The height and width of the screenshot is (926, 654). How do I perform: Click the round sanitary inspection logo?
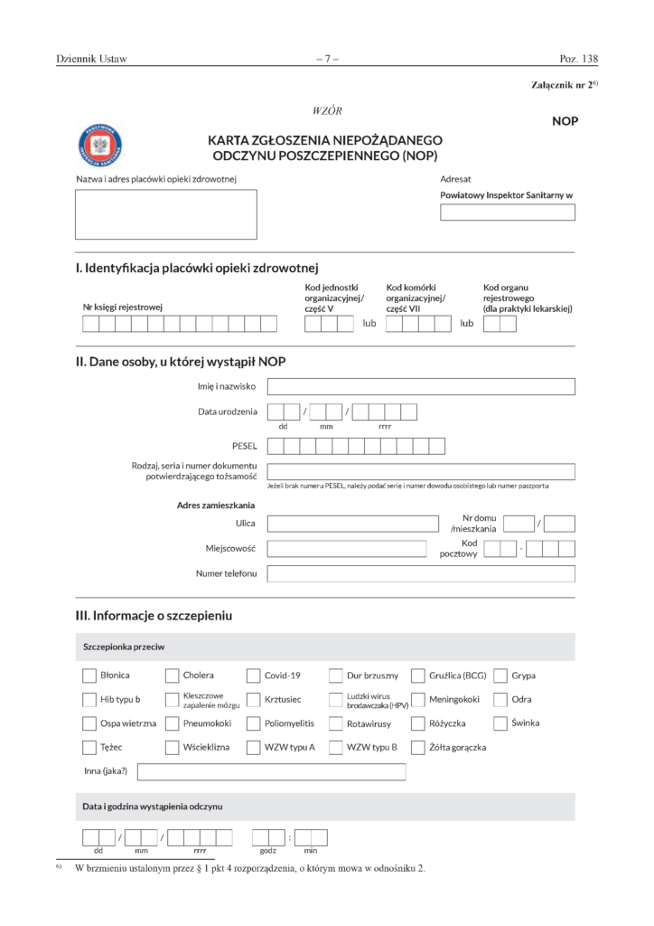[x=101, y=144]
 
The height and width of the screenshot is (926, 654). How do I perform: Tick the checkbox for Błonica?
[x=89, y=675]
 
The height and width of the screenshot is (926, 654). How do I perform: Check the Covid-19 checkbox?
[x=254, y=675]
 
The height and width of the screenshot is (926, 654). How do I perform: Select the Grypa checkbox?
[x=501, y=675]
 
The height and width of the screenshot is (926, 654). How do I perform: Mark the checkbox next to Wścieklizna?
[x=172, y=747]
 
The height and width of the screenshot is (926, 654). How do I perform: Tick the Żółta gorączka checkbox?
[x=418, y=747]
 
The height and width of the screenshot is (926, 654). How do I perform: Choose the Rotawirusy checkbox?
[x=336, y=723]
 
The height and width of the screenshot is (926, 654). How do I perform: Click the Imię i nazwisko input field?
[x=421, y=387]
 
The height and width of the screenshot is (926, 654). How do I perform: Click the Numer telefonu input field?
[x=421, y=573]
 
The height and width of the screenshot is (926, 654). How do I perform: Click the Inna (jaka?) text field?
[x=271, y=771]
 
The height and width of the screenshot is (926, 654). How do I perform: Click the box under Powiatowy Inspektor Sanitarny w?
[x=507, y=213]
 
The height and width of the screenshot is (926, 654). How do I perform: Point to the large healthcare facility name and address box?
[x=166, y=213]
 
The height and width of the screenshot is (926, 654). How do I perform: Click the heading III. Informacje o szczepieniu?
[x=154, y=616]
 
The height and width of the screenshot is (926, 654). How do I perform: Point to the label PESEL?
[x=245, y=446]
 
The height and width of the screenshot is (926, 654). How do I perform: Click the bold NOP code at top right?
[x=565, y=121]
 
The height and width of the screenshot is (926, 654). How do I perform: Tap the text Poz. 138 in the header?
[x=578, y=60]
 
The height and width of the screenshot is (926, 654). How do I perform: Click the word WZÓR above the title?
[x=326, y=110]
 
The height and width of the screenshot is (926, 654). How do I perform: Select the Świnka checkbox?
[x=501, y=723]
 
